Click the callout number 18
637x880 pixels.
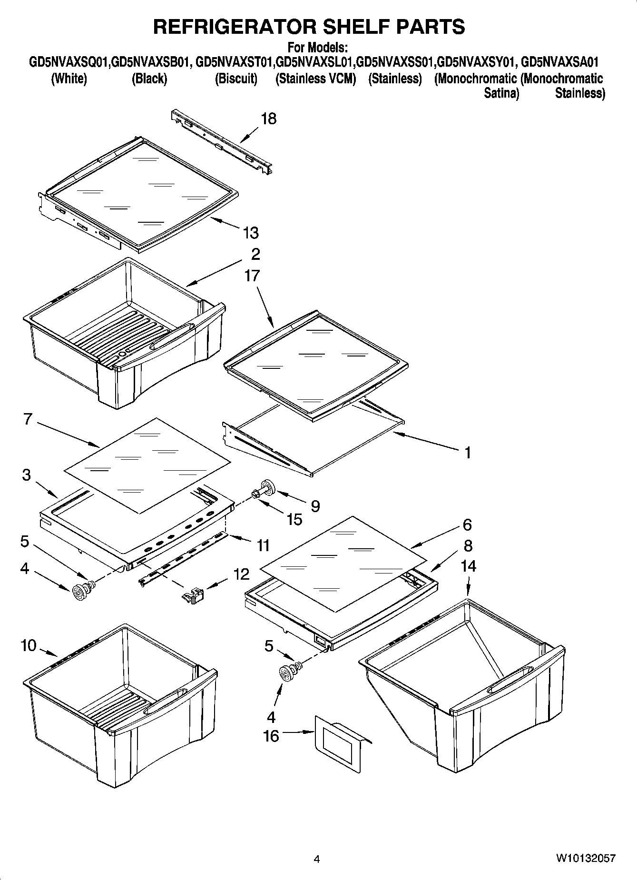pyautogui.click(x=269, y=119)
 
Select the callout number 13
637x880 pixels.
pyautogui.click(x=251, y=233)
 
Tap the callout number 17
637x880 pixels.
pyautogui.click(x=252, y=276)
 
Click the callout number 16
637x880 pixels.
pyautogui.click(x=271, y=736)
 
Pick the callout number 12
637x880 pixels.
pyautogui.click(x=242, y=574)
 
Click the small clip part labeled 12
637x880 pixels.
pyautogui.click(x=193, y=595)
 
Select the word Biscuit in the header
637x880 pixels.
pyautogui.click(x=236, y=79)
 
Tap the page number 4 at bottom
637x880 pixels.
pyautogui.click(x=317, y=859)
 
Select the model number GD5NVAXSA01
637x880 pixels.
pyautogui.click(x=560, y=62)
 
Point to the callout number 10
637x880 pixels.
pyautogui.click(x=29, y=646)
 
